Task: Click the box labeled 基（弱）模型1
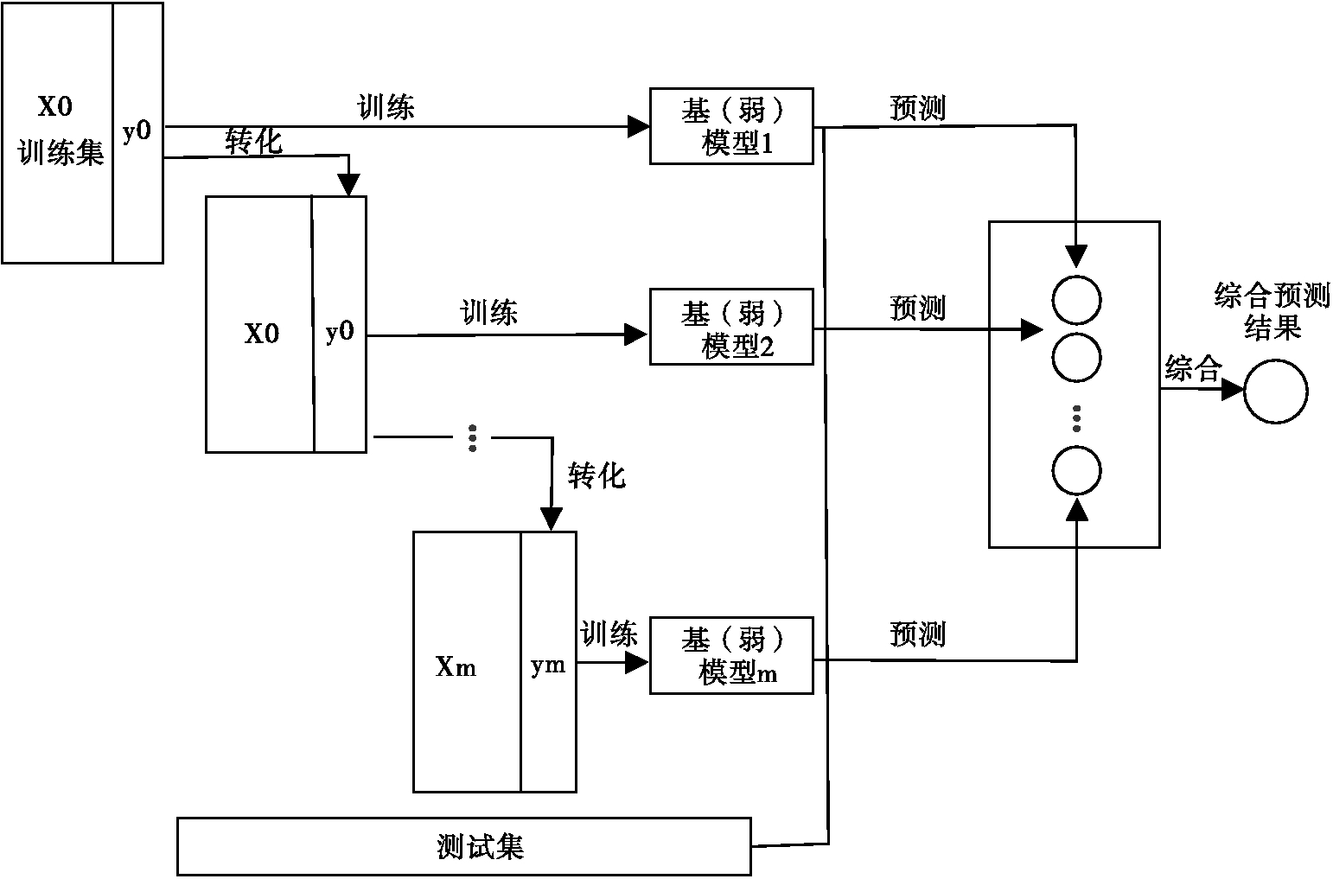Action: [x=731, y=125]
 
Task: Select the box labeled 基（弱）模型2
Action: [x=731, y=327]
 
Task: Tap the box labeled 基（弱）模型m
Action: [x=731, y=655]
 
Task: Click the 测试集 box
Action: [x=464, y=846]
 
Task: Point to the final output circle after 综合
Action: [x=1275, y=392]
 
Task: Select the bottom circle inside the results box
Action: [x=1076, y=471]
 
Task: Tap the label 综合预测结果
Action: [x=1272, y=311]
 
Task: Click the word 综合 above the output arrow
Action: [x=1192, y=369]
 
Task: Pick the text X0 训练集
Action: [x=58, y=131]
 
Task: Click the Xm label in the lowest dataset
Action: [x=456, y=667]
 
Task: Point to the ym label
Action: [x=548, y=665]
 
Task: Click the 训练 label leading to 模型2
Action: [x=489, y=312]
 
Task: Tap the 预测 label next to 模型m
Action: [x=917, y=634]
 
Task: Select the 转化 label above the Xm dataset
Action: [x=596, y=475]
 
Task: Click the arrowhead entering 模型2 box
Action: [x=638, y=334]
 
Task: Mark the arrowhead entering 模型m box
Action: [x=638, y=662]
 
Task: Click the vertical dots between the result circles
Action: [x=1076, y=417]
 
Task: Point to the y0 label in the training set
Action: [x=137, y=131]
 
